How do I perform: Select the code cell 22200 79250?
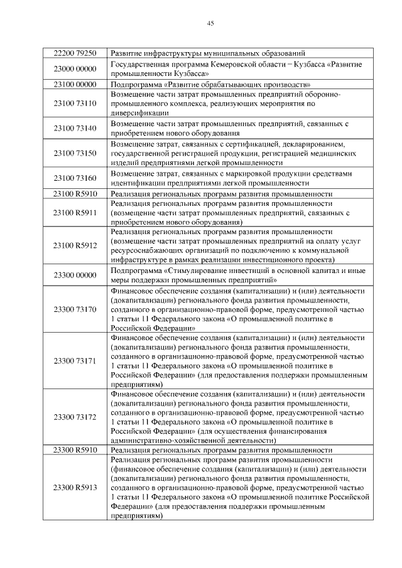pos(75,53)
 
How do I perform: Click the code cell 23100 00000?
pos(75,83)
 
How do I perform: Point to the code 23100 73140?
pos(75,128)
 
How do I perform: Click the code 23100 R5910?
pos(75,194)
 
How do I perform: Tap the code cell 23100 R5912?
pos(75,245)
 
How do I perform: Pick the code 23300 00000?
pos(75,274)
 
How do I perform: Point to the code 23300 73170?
pos(75,309)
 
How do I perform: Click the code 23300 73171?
pos(75,361)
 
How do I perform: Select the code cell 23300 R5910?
pos(75,450)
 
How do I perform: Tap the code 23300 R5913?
pos(75,487)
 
